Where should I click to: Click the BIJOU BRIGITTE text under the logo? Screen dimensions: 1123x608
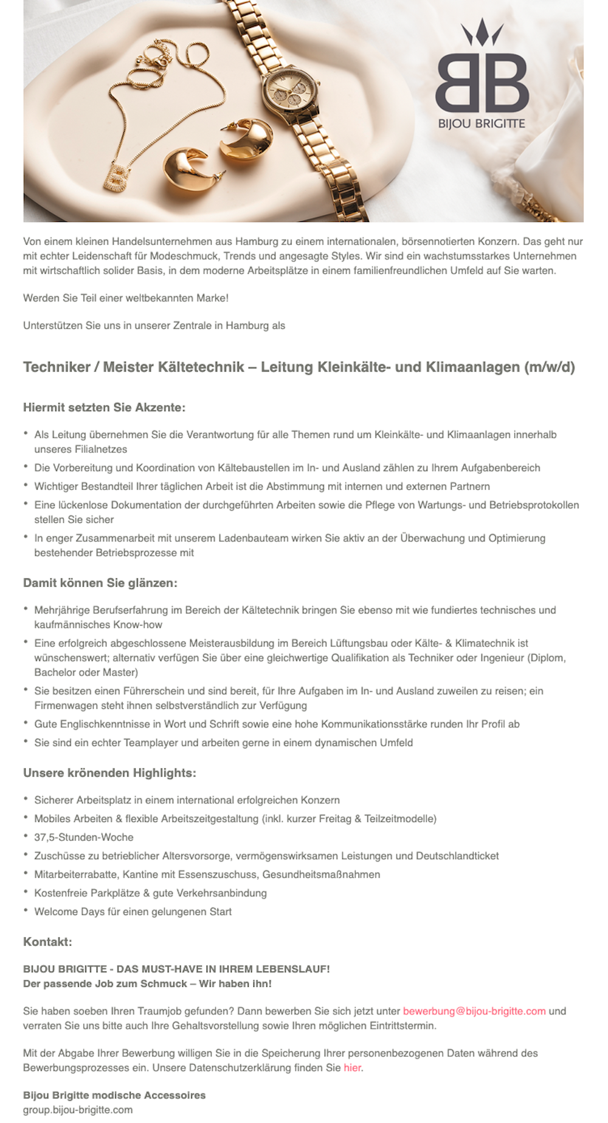(482, 123)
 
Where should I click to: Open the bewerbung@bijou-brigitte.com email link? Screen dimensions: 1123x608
(474, 1011)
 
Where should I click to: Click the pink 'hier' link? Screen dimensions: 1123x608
(352, 1068)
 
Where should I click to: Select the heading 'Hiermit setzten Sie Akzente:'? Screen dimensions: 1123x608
(104, 407)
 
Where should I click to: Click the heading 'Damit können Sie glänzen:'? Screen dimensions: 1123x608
(100, 583)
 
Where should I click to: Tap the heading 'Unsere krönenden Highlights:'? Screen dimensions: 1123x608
(109, 773)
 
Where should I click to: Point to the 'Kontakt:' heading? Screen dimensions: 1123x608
(47, 942)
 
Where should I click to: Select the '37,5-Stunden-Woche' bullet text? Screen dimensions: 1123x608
(83, 837)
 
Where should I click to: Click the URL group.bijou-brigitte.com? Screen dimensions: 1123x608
(78, 1110)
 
